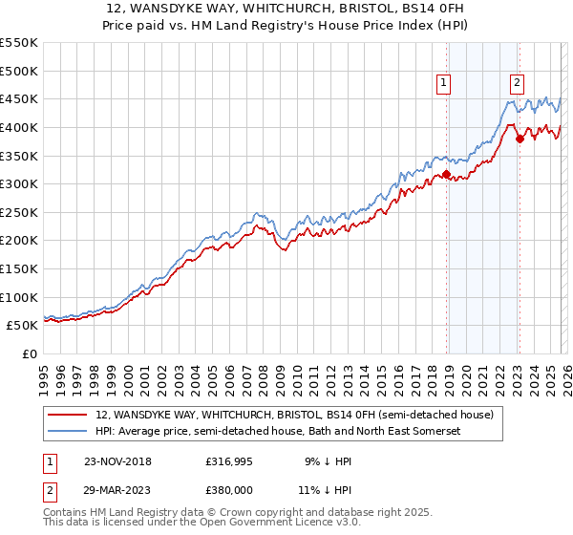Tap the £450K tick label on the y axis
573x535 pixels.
tap(19, 98)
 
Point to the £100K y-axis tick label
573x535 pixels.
tap(19, 297)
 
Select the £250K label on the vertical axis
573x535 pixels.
tap(19, 212)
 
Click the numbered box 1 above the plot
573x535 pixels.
tap(445, 83)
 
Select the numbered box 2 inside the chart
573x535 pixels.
tap(517, 83)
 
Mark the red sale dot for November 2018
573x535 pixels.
tap(446, 174)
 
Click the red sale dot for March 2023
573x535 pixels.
tap(520, 139)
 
